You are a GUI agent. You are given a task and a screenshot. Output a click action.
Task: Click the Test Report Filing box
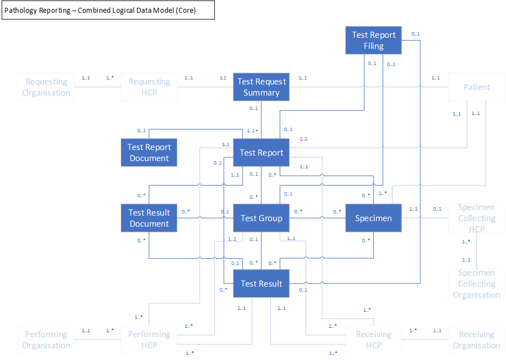tap(374, 40)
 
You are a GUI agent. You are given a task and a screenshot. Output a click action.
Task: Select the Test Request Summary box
tap(261, 87)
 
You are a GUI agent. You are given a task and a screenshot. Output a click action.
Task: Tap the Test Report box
tap(261, 153)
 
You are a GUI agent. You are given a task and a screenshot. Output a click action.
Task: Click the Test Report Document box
tap(149, 153)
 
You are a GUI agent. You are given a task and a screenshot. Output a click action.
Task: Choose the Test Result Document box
tap(149, 218)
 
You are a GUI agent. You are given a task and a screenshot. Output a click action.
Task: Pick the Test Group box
tap(261, 218)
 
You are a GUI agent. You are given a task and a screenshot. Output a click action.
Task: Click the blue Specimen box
tap(374, 218)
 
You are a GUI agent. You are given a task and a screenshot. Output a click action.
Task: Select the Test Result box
tap(261, 283)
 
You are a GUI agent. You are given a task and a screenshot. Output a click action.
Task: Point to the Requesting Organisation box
tap(46, 87)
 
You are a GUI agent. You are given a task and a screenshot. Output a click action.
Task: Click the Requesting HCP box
tap(149, 87)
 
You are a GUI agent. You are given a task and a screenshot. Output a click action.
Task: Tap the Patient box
tap(477, 87)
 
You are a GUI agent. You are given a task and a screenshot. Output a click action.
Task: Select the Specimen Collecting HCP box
tap(477, 218)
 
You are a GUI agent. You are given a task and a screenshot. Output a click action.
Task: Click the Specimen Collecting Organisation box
tap(477, 283)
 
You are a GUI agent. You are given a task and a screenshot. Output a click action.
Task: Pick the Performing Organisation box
tap(46, 339)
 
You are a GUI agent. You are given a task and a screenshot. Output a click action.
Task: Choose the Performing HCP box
tap(149, 339)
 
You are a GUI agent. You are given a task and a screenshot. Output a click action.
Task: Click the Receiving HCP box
tap(374, 339)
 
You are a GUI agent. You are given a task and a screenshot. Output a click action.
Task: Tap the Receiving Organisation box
tap(477, 339)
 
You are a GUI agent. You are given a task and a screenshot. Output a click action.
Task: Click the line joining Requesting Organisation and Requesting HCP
tap(98, 87)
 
